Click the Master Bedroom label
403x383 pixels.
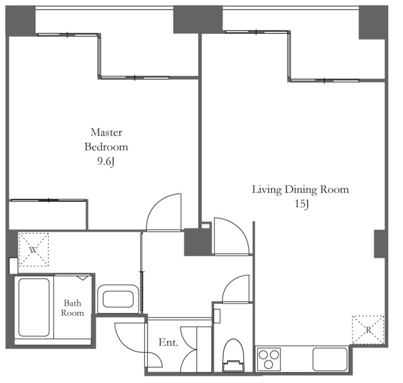tap(106, 140)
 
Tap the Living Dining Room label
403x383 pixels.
tap(300, 189)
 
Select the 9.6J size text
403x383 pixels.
tap(106, 162)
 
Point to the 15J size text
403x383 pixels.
tap(301, 204)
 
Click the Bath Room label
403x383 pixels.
tap(72, 308)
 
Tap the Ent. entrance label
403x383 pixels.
tap(168, 342)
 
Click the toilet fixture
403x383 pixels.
tap(233, 355)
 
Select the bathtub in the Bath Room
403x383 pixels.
tap(34, 307)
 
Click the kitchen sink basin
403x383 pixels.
tap(330, 359)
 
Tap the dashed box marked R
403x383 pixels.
tap(368, 330)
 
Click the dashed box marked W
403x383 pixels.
tap(33, 249)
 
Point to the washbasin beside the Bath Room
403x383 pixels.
tap(118, 299)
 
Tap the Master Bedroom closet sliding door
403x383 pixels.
tap(49, 200)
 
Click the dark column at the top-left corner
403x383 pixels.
tap(21, 21)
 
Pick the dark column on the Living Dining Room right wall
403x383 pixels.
tap(379, 244)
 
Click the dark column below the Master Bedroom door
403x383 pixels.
tap(196, 242)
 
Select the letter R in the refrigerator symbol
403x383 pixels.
tap(368, 330)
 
